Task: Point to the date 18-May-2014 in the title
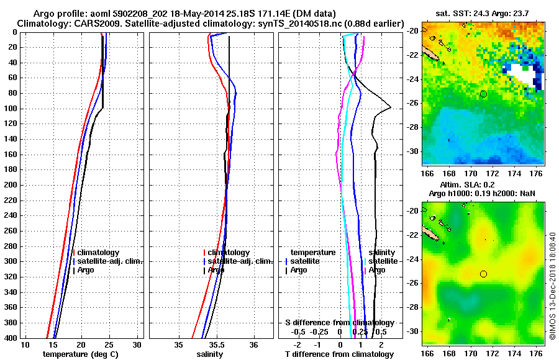[194, 14]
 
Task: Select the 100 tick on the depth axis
[12, 109]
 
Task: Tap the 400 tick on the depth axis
[12, 338]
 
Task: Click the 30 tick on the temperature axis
[137, 345]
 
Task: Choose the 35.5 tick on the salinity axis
[216, 345]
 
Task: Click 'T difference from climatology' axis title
[340, 354]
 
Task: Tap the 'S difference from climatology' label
[340, 323]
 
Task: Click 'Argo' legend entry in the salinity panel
[216, 270]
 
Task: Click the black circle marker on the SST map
[483, 94]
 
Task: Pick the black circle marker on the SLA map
[483, 274]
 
